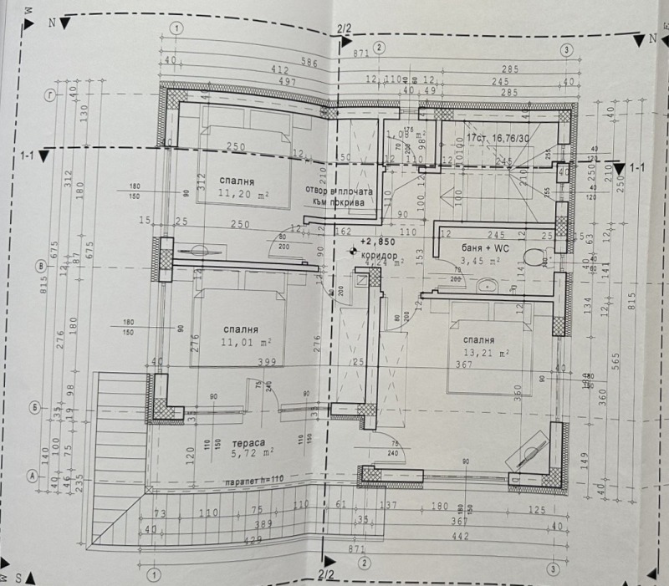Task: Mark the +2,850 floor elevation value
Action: pyautogui.click(x=375, y=241)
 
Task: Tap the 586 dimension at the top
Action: pyautogui.click(x=287, y=62)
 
